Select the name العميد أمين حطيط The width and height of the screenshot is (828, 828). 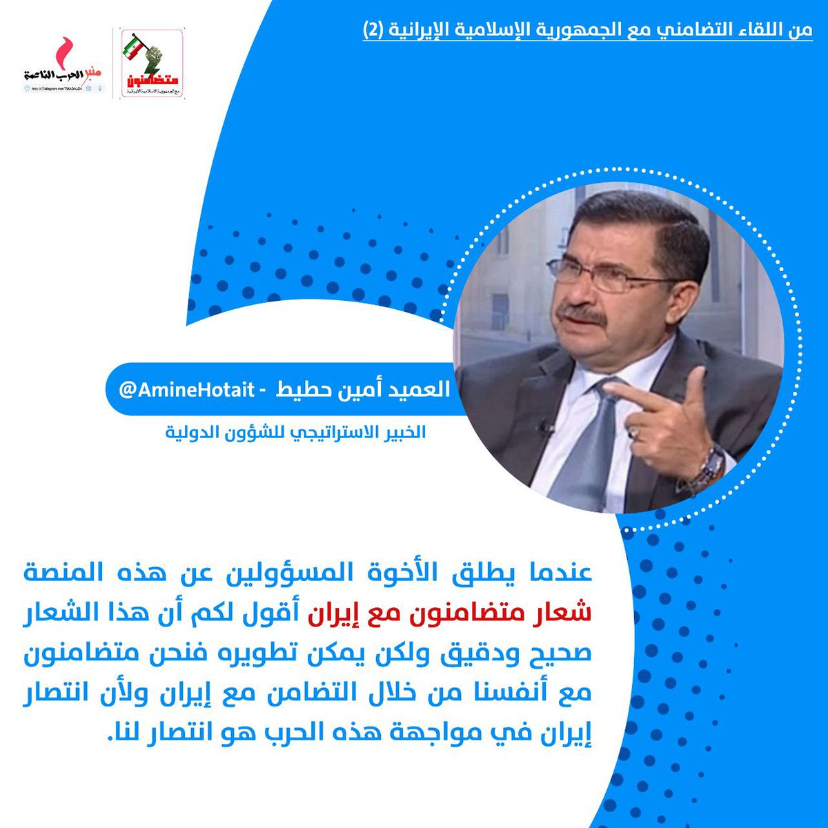[x=362, y=390]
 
